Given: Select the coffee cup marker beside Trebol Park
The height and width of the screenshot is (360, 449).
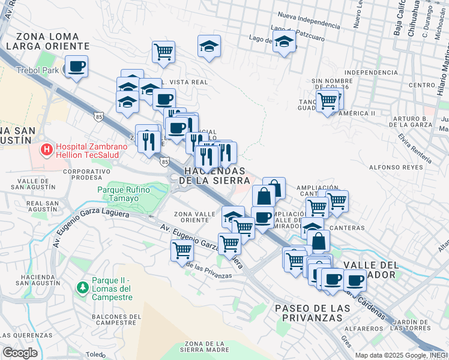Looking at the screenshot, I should (76, 67).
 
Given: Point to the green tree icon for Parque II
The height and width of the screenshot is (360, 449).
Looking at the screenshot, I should (82, 287).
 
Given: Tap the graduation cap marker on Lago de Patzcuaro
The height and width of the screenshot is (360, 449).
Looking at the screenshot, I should (284, 42).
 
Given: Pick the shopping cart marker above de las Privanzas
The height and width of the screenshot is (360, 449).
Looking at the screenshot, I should (182, 250).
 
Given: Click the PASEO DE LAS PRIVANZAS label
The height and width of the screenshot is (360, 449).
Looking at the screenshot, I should (312, 313).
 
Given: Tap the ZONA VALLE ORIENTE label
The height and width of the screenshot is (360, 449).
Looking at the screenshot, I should (191, 217).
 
